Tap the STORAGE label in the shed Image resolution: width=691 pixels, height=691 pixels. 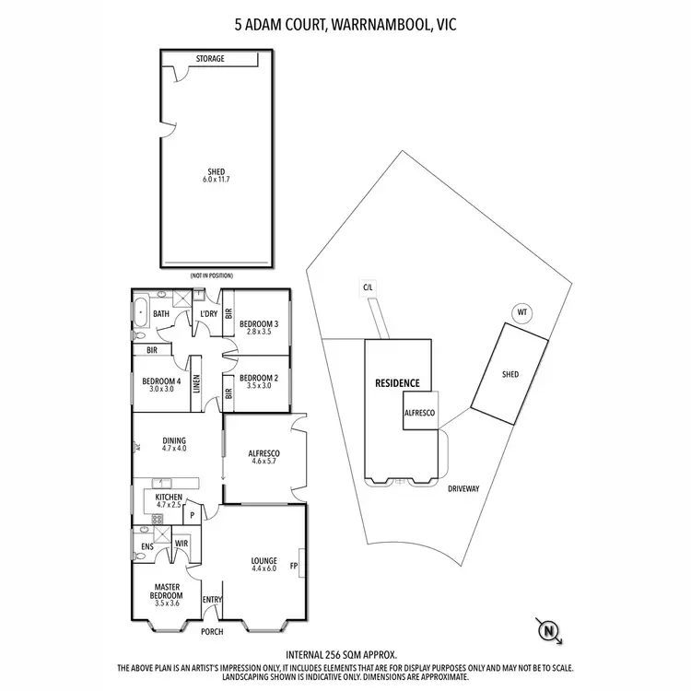point(210,59)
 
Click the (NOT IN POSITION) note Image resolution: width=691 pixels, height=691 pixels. point(211,275)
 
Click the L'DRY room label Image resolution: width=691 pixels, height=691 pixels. point(208,314)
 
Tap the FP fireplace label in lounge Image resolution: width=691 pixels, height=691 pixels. point(294,566)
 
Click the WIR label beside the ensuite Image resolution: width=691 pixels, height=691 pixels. point(182,543)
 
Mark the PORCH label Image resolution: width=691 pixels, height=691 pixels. point(213,631)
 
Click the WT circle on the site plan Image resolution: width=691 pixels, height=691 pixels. point(521,312)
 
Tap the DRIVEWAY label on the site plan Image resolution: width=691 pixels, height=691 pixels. point(464,488)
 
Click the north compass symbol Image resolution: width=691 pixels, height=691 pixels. point(549,630)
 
